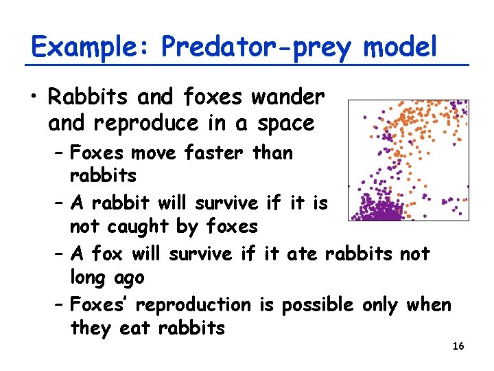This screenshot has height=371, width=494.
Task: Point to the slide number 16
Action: point(458,346)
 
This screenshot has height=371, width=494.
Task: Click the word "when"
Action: point(428,304)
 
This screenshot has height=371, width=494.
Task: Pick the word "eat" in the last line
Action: point(135,328)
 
